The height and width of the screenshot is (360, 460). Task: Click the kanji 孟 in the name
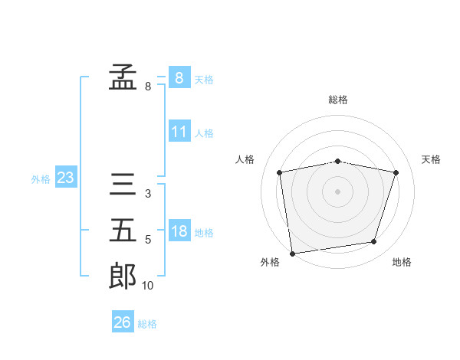tap(123, 77)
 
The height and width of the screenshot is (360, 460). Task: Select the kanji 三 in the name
tap(123, 184)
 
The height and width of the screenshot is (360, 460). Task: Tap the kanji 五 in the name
tap(123, 230)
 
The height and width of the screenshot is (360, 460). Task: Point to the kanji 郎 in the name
tap(123, 276)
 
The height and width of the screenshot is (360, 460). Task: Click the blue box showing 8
tap(179, 77)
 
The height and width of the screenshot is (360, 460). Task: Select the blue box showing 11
tap(179, 131)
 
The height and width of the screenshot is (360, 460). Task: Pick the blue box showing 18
tap(179, 230)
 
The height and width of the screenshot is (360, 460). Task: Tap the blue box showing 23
tap(66, 176)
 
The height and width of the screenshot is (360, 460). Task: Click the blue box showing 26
tap(123, 321)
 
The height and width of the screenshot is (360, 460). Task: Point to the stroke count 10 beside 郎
tap(147, 286)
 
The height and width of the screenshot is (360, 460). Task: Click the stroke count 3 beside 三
tap(148, 194)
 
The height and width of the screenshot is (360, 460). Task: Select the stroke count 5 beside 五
tap(148, 240)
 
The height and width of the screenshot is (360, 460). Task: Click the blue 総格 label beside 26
tap(147, 324)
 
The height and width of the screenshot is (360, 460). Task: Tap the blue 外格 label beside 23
tap(41, 179)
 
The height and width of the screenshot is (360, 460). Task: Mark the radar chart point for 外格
tap(292, 254)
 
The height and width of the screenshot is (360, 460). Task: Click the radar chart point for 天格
tap(396, 172)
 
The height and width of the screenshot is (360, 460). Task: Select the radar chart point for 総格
tap(337, 162)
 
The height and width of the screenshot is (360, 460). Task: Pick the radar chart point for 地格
tap(374, 242)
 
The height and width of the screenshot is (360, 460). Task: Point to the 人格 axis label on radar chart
tap(245, 159)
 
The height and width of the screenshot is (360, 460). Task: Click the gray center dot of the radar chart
tap(337, 191)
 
